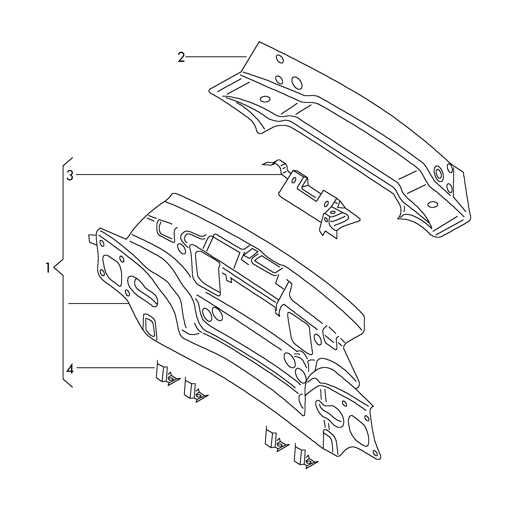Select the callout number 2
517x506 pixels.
tap(181, 57)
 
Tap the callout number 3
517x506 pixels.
tap(70, 176)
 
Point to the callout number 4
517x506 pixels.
tap(70, 369)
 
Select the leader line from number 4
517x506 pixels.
tap(115, 368)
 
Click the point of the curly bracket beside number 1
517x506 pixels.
tap(54, 268)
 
